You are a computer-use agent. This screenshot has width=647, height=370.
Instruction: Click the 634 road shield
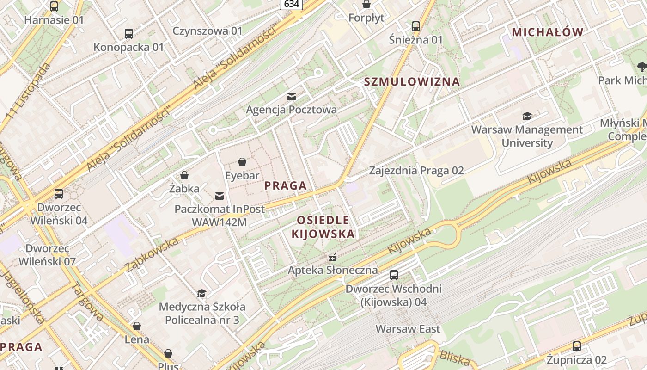pos(291,4)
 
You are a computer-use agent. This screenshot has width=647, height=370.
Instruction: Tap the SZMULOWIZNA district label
pos(412,82)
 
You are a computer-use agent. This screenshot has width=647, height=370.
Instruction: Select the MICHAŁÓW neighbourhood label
pos(548,32)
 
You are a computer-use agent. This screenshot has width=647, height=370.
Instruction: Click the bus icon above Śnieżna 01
pos(416,26)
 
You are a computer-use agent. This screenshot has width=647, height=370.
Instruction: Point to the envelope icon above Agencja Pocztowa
pos(292,97)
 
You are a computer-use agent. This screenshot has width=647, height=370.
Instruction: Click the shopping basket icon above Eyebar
pos(242,162)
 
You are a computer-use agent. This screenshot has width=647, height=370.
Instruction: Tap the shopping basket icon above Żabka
pos(184,175)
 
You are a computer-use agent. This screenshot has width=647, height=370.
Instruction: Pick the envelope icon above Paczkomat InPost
pos(220,196)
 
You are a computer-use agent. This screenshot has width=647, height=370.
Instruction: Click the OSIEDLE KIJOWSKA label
pos(323,227)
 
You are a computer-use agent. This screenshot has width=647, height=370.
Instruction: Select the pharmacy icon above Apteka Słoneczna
pos(332,257)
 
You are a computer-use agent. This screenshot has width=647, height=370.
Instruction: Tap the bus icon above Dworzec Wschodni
pos(394,275)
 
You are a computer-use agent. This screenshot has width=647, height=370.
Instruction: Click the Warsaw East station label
pos(408,329)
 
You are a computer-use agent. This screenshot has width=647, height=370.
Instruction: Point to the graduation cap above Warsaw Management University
pos(527,117)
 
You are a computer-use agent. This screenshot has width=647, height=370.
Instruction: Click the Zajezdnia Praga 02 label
pos(416,171)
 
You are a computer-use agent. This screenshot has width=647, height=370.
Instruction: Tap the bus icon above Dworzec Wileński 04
pos(59,194)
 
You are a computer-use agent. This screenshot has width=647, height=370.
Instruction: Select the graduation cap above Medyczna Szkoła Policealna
pos(202,293)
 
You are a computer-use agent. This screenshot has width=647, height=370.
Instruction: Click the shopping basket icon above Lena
pos(137,326)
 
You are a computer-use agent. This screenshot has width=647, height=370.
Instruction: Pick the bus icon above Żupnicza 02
pos(577,346)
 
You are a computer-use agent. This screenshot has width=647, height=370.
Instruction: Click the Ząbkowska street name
pos(151,255)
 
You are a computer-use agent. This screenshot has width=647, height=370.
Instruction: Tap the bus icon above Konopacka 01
pos(129,34)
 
